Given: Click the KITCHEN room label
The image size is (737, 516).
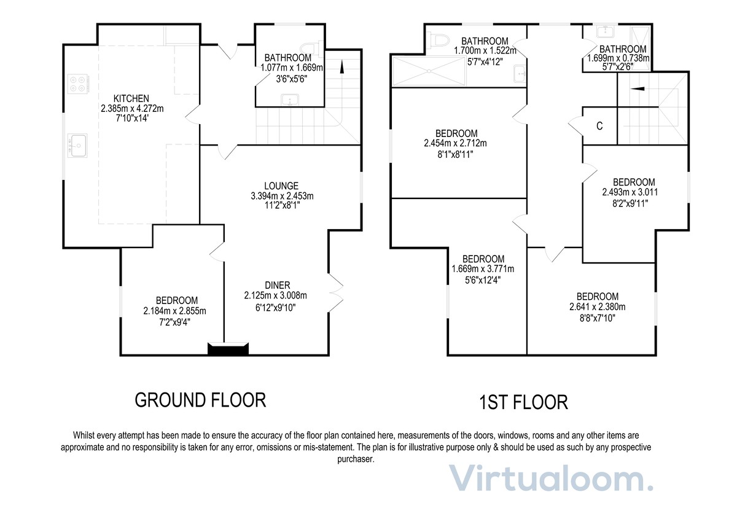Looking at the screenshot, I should [131, 98].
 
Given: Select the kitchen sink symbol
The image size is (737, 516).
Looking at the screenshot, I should [78, 145].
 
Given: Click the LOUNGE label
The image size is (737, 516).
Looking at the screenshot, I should [281, 186].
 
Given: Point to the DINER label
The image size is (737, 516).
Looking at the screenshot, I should [277, 285].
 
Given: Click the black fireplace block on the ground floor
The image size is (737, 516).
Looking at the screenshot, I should [228, 349].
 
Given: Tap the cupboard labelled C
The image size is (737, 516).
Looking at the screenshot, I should [599, 126].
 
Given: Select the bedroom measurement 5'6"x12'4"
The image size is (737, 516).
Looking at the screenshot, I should [483, 279].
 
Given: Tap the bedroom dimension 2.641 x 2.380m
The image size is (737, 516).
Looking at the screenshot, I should [598, 307].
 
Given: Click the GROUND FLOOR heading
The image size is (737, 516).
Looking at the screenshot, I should [200, 401].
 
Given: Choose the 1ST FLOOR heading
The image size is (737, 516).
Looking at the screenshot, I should [523, 403].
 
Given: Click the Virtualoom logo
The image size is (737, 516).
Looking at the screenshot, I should [550, 479].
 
